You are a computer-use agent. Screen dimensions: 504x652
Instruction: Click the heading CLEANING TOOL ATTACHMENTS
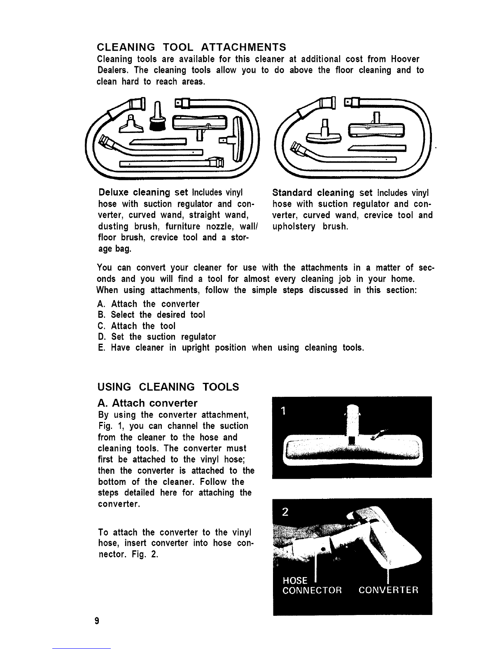tap(191, 47)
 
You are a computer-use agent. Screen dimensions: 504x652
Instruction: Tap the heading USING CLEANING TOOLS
tap(168, 387)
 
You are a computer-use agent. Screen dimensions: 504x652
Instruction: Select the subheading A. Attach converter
tap(148, 403)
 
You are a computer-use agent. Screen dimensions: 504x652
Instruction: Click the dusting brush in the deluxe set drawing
tap(157, 117)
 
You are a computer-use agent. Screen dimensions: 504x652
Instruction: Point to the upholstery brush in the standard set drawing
tap(323, 132)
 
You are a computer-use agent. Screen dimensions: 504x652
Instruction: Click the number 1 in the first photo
tap(283, 410)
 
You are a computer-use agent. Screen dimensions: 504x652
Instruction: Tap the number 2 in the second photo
tap(285, 511)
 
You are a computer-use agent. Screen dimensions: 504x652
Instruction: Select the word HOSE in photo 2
tap(295, 580)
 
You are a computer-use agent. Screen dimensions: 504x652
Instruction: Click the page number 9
tap(97, 621)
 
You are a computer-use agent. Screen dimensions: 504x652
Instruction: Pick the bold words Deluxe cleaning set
tap(143, 192)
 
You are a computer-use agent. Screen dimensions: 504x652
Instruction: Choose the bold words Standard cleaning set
tap(322, 192)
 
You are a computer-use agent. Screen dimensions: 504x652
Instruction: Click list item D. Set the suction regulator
tap(157, 337)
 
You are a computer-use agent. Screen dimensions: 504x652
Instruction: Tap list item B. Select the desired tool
tap(151, 315)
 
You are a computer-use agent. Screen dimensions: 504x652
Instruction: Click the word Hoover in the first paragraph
tap(405, 59)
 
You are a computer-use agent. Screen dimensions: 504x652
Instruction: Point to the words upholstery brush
tap(310, 226)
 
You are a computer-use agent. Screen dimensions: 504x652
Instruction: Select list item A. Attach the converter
tap(148, 304)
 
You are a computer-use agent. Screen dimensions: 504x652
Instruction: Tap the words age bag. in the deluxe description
tap(114, 249)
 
